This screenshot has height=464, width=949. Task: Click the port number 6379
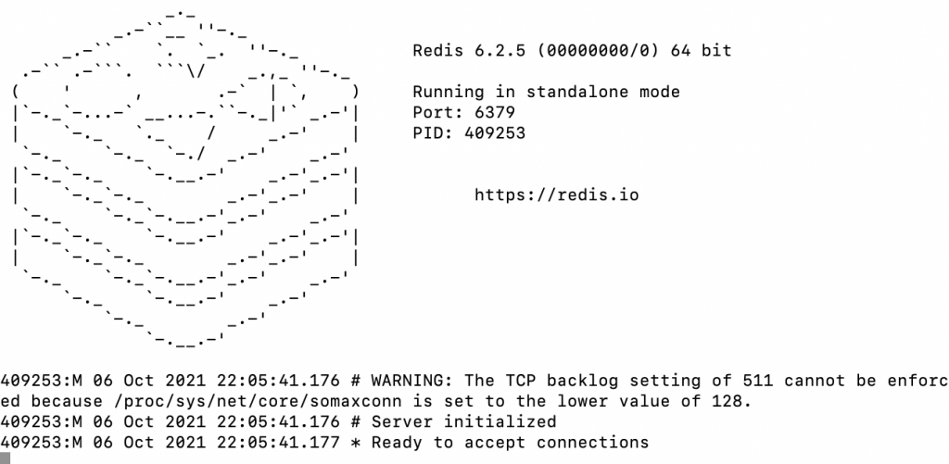[495, 112]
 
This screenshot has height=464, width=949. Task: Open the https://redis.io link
[556, 194]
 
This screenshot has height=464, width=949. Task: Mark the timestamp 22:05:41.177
[288, 442]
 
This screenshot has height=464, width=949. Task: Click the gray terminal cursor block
[5, 458]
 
